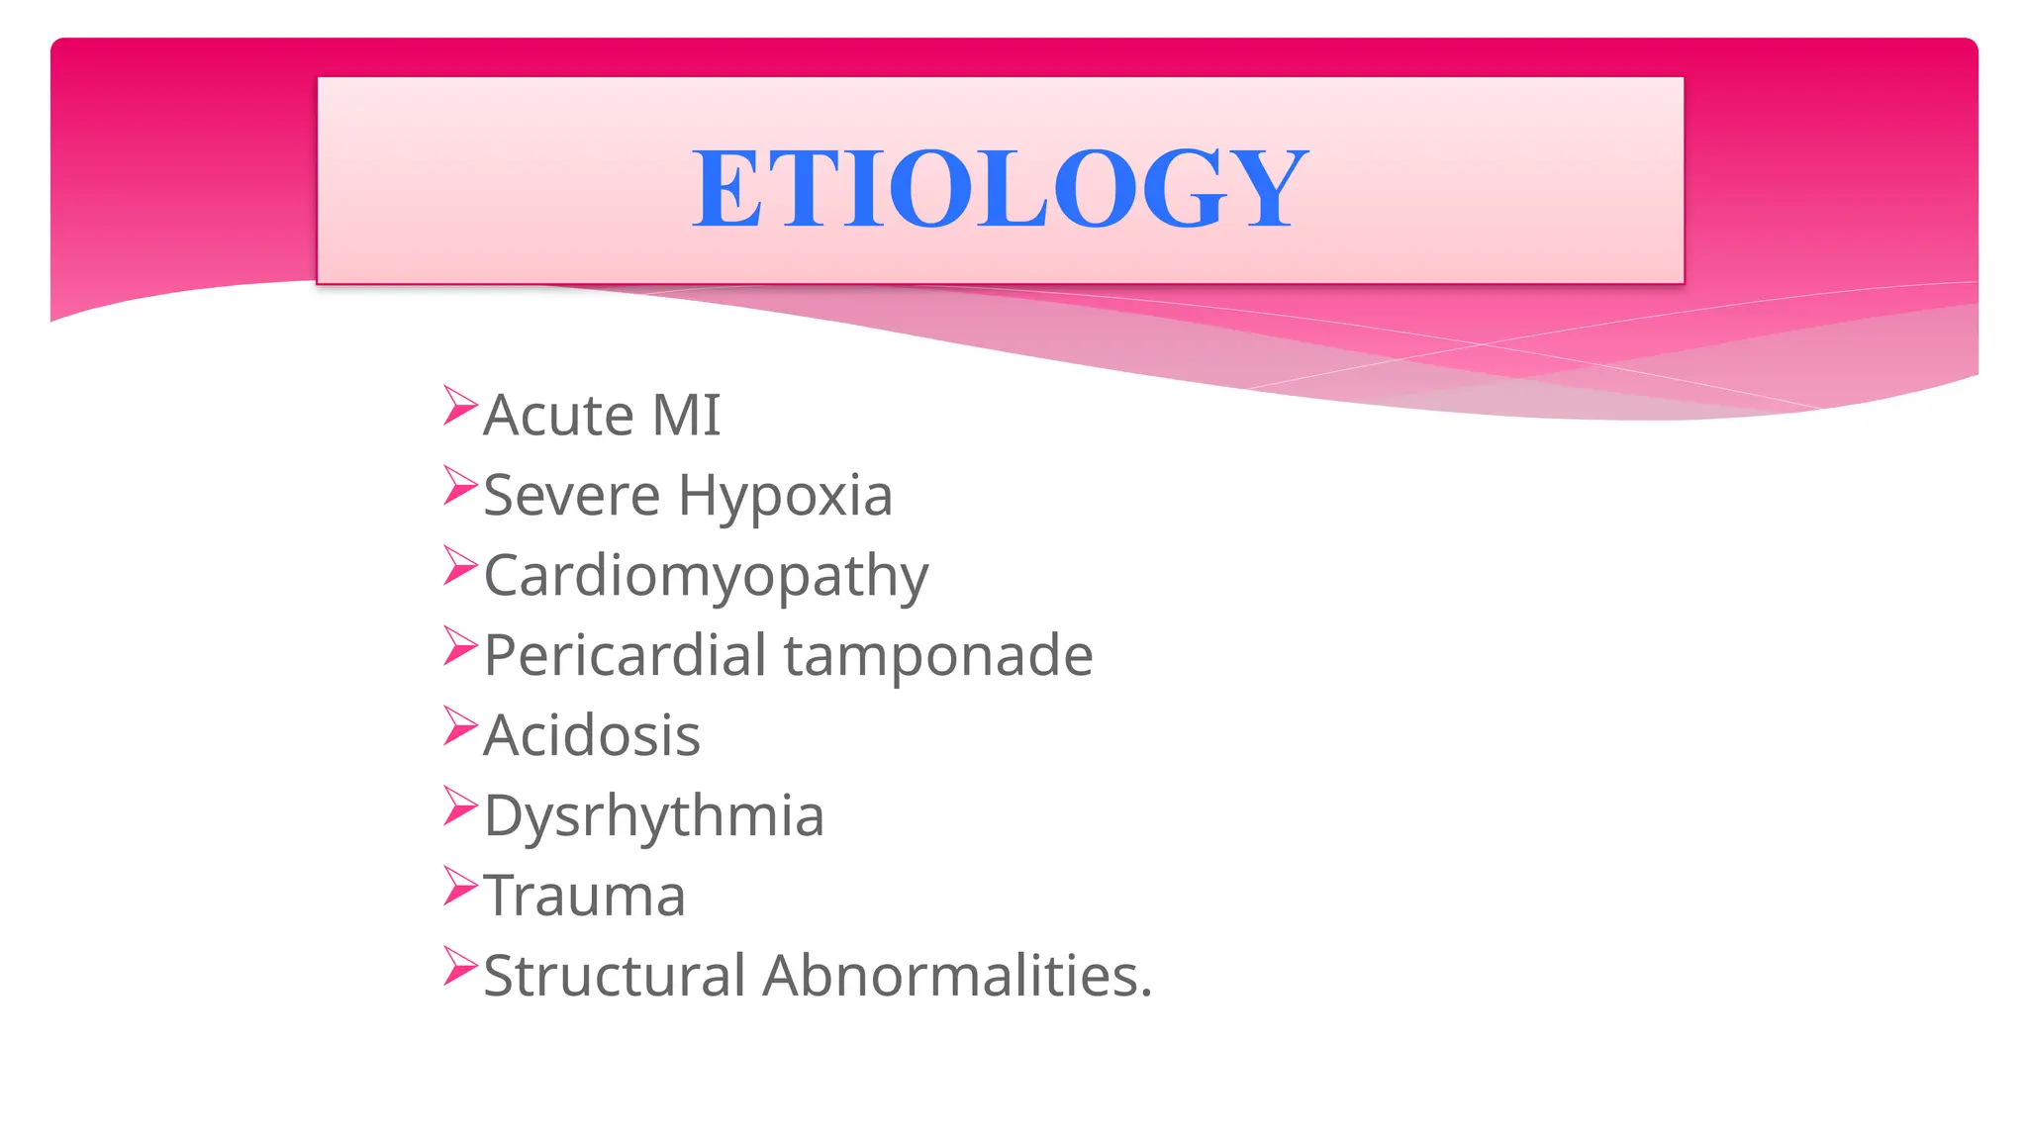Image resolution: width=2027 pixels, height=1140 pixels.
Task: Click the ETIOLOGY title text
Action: (x=1000, y=187)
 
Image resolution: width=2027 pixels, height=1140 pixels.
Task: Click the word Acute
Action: (x=558, y=415)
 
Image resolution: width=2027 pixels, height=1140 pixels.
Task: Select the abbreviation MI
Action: (x=686, y=415)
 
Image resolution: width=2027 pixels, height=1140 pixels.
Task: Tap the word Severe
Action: (x=571, y=495)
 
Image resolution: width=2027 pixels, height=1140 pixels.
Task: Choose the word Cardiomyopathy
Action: (x=706, y=577)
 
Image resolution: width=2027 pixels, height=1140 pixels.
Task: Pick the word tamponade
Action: (x=938, y=657)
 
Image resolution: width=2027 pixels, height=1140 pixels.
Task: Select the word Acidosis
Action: (x=592, y=735)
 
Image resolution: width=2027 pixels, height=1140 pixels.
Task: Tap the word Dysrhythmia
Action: (x=653, y=817)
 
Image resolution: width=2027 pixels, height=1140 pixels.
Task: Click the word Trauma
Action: (x=584, y=896)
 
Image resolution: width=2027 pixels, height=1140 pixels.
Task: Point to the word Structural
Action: (x=614, y=976)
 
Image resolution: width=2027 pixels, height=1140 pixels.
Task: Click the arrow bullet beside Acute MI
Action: (x=460, y=406)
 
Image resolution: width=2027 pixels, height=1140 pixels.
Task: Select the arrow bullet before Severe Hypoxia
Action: (x=460, y=486)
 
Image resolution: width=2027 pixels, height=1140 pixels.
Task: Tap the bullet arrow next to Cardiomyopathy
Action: (x=460, y=566)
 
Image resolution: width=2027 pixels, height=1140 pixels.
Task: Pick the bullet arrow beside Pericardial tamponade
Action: (x=460, y=646)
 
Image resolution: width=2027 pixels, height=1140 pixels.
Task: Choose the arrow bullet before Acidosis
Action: (x=460, y=726)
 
